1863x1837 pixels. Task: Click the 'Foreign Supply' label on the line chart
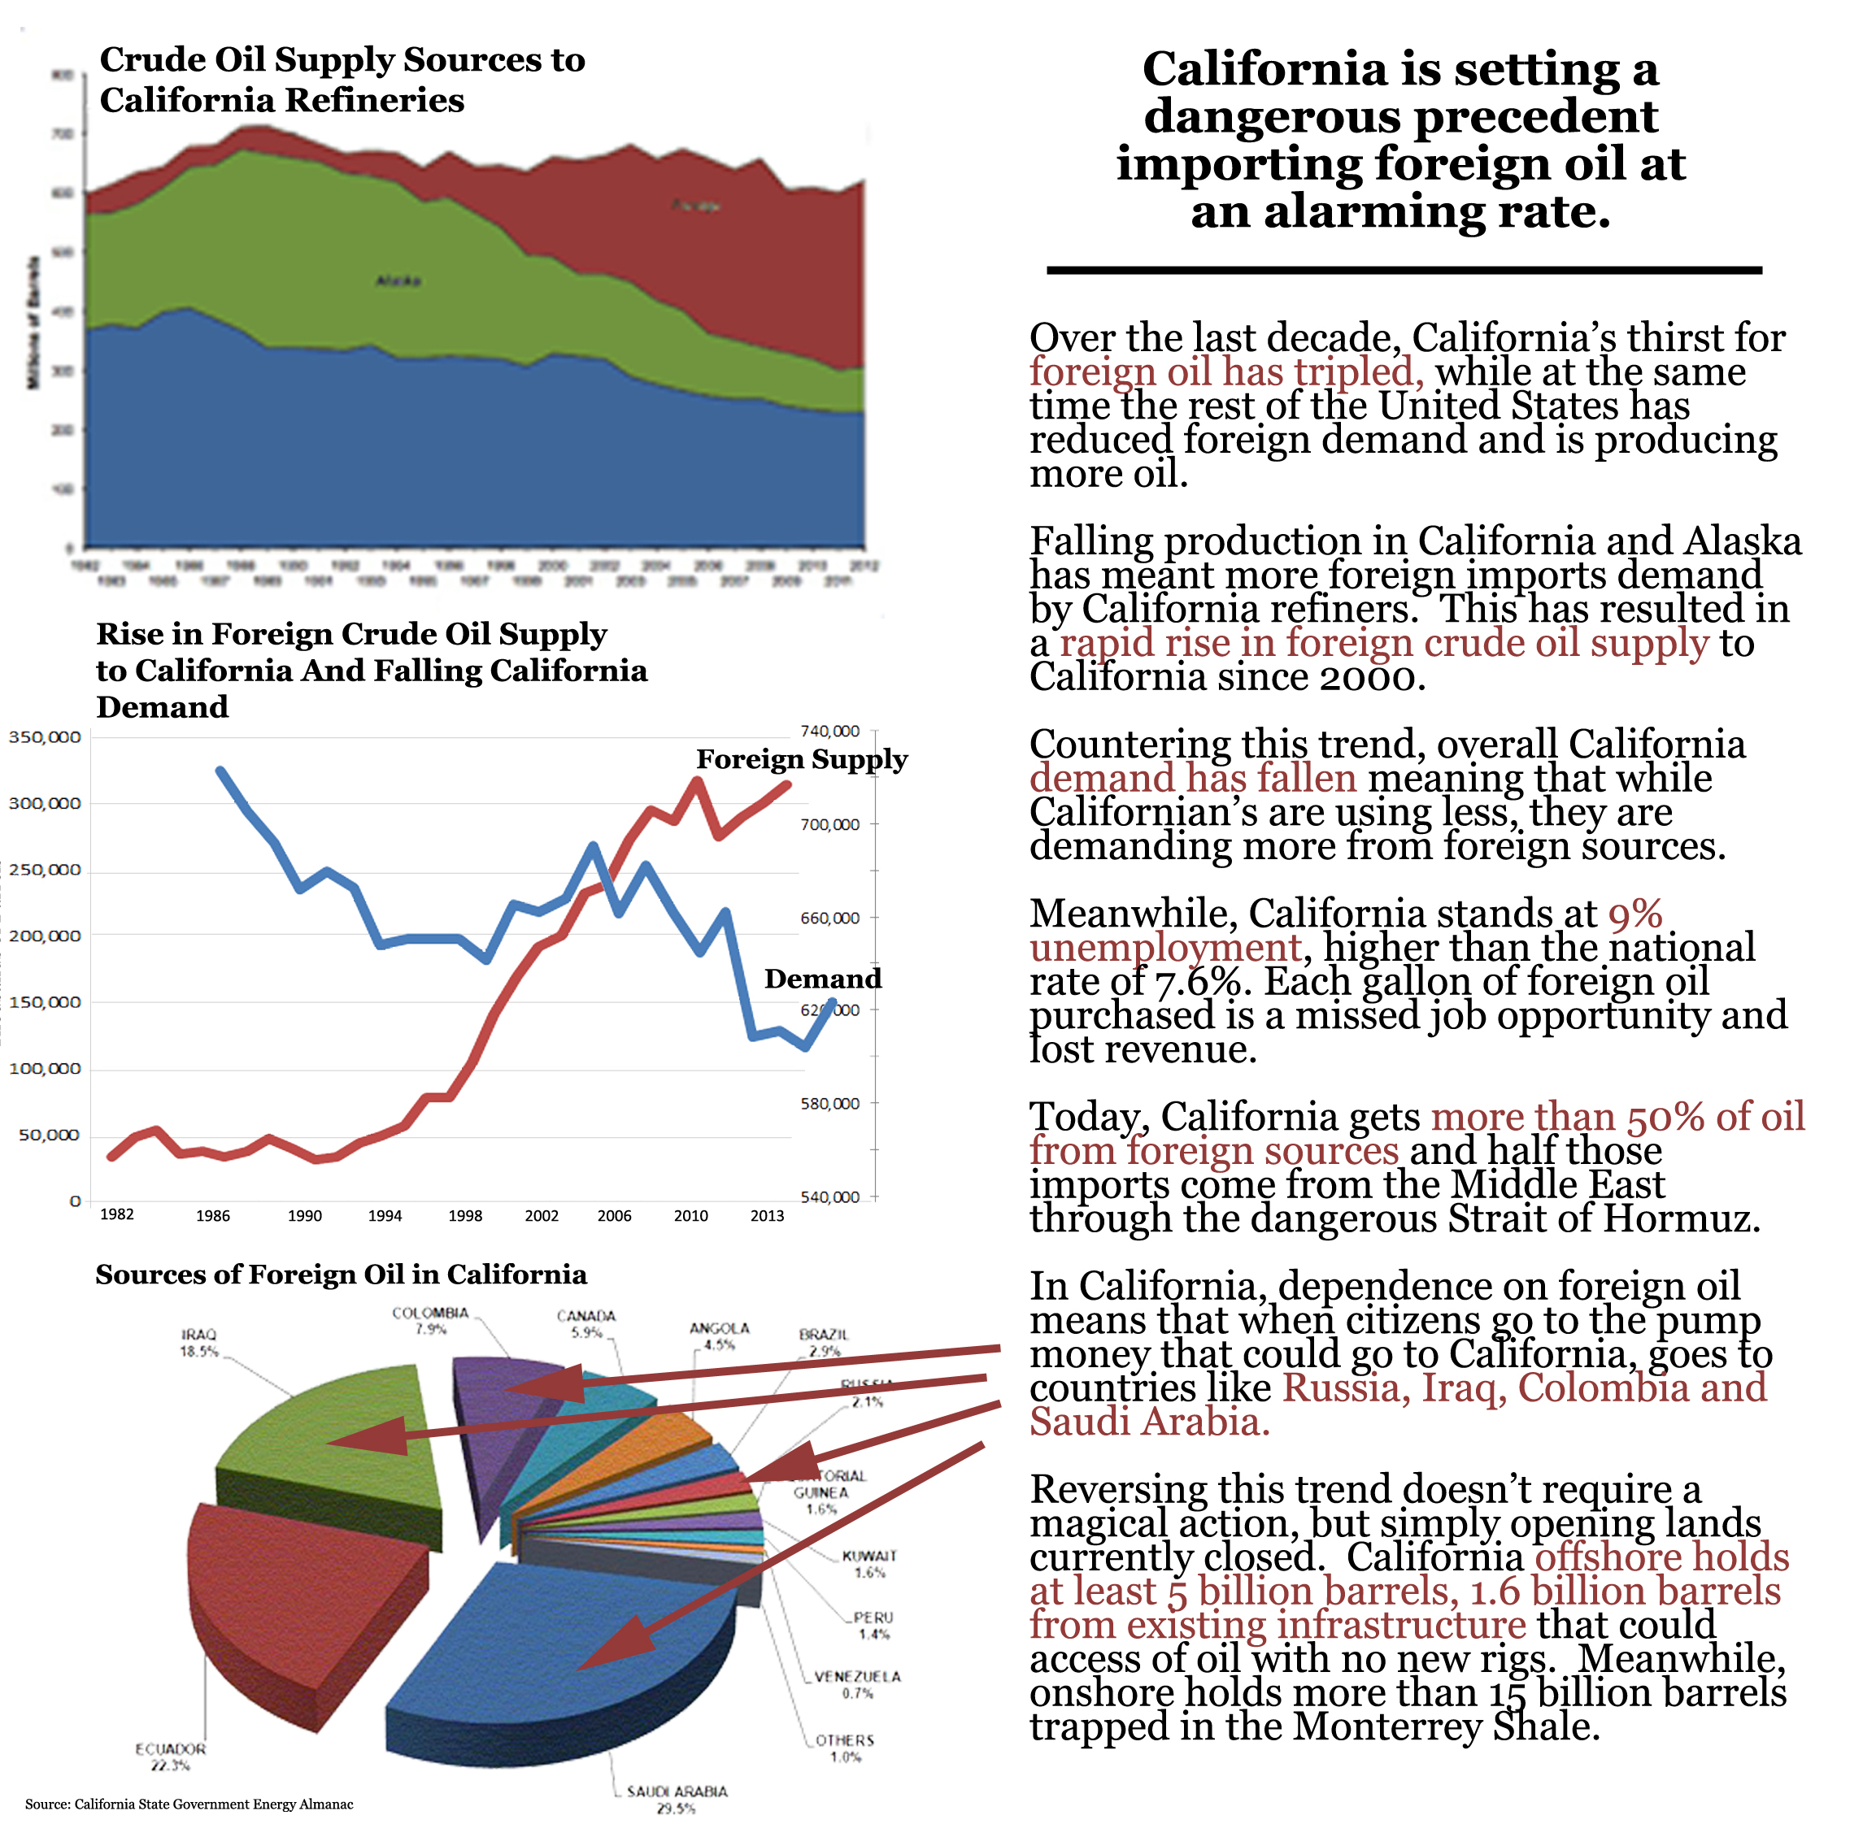801,759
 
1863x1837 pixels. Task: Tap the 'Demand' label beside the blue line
823,979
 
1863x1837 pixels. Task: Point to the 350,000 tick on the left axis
45,737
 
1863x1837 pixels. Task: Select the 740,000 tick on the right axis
829,732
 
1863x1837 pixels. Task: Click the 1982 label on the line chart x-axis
116,1214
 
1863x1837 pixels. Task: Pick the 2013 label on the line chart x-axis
767,1216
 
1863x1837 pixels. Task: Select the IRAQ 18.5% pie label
198,1343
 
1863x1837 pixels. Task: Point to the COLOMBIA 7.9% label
430,1320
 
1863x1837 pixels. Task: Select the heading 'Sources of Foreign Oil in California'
341,1275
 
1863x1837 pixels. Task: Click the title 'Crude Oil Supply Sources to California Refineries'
342,79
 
